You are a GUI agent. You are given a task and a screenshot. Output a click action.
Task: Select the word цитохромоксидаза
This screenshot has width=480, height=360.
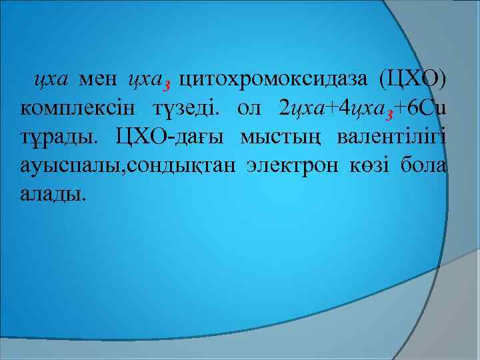(273, 81)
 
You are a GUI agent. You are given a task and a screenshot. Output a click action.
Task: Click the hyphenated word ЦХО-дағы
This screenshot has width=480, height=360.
(171, 138)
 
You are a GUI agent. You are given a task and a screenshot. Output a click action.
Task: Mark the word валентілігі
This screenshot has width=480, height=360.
(391, 138)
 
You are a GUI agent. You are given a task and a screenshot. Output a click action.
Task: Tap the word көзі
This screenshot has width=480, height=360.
(369, 167)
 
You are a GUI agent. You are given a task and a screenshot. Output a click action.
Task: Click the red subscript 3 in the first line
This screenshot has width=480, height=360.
(167, 86)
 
